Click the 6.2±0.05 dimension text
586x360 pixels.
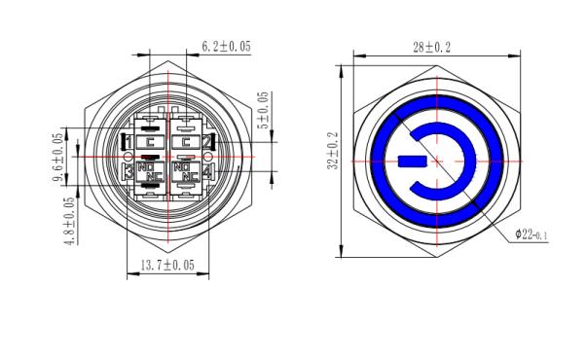click(226, 47)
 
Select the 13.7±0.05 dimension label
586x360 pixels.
click(167, 265)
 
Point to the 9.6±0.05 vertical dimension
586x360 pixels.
click(58, 158)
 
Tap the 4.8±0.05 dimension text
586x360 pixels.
click(70, 221)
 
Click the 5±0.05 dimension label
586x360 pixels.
click(264, 110)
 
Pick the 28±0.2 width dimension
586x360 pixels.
click(431, 48)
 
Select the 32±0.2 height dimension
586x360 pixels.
click(333, 151)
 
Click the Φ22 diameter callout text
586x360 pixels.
click(531, 234)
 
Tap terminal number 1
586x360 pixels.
click(128, 142)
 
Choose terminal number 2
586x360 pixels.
click(206, 142)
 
